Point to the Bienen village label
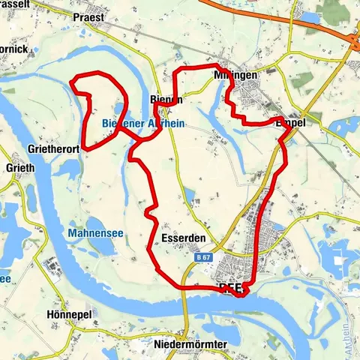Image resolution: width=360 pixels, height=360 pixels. coord(166,100)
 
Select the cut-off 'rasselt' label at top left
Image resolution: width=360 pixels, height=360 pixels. coord(15,4)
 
